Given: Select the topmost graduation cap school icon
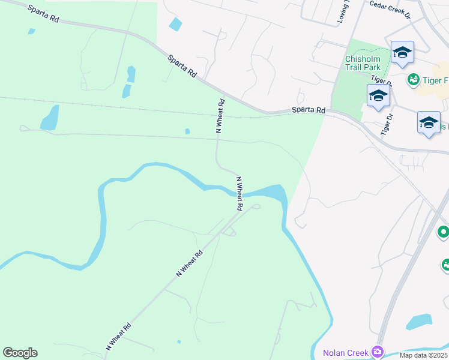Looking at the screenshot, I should tap(402, 53).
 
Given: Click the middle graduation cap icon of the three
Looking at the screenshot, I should tap(378, 96).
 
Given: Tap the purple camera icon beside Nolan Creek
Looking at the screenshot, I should tap(378, 351).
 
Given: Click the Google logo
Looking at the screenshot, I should tap(20, 353).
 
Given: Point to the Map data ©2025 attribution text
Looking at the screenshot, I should tap(423, 355).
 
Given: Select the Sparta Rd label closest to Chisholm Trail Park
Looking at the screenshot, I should tap(308, 110).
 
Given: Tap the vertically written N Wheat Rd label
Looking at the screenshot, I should tap(220, 115).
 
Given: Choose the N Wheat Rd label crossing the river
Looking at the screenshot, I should tap(239, 193).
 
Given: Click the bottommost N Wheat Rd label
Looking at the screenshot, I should tap(119, 337).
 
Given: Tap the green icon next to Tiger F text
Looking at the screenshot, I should tap(413, 79).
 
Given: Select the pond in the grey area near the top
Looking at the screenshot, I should tap(175, 24).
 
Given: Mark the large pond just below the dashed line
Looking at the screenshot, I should tap(50, 118).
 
